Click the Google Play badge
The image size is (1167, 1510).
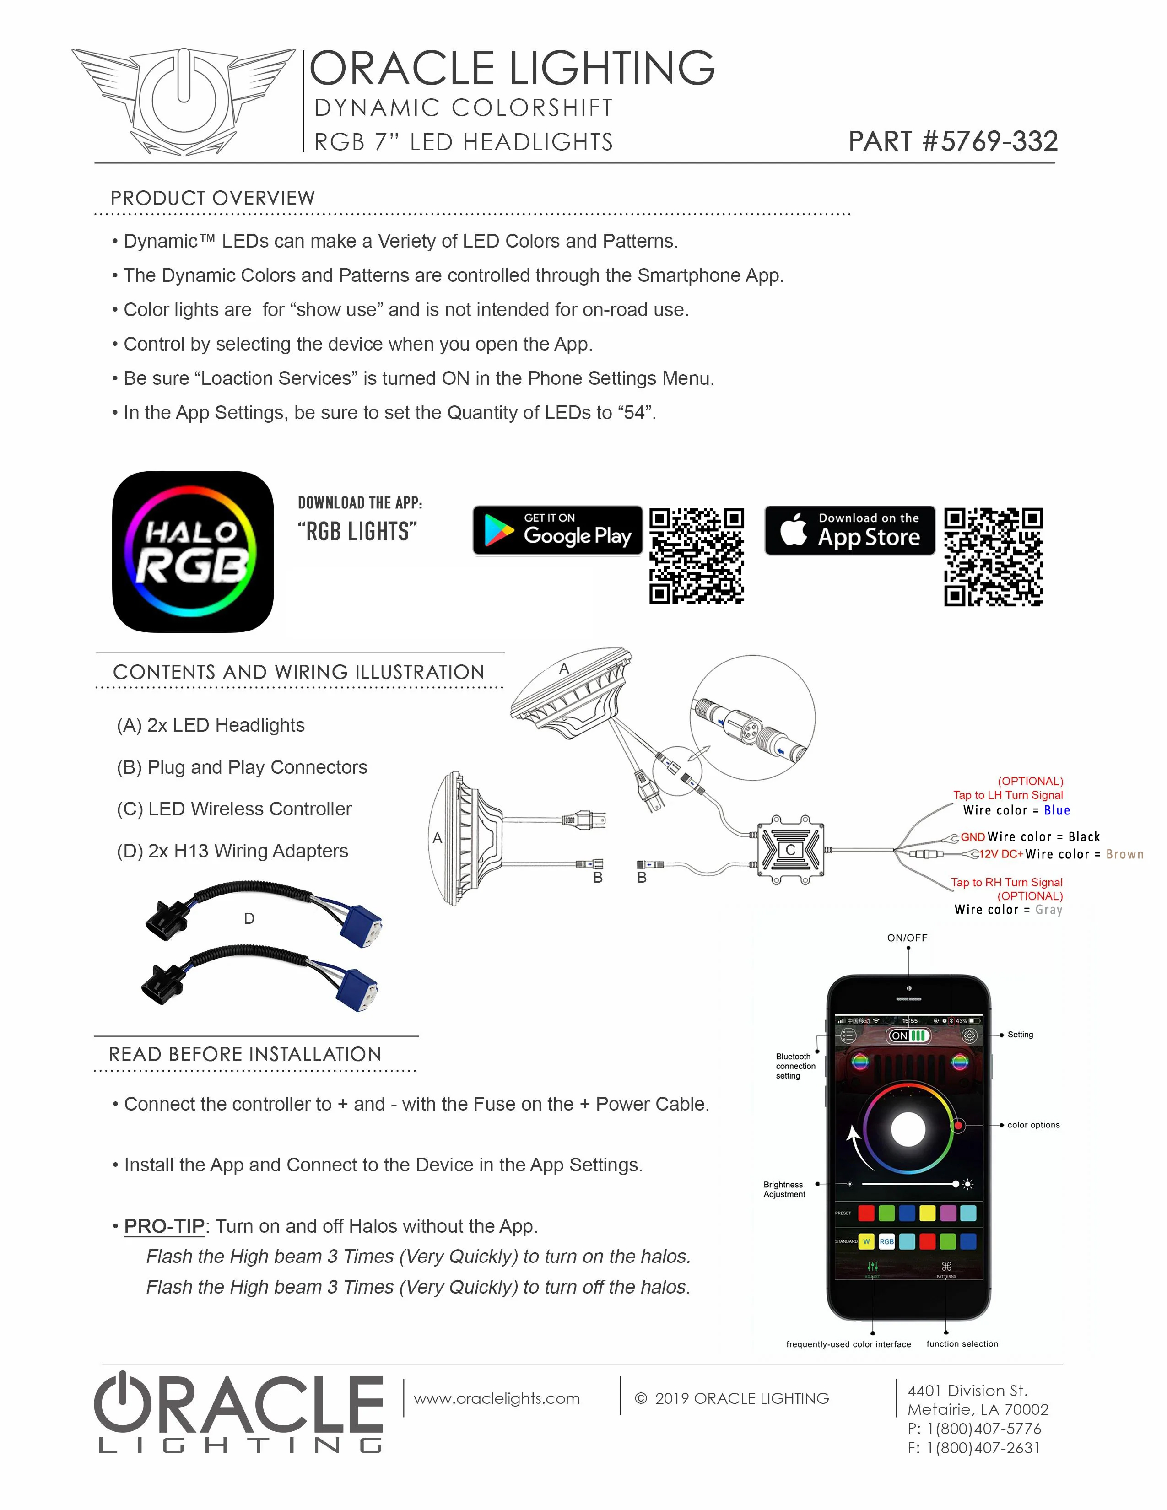pyautogui.click(x=557, y=530)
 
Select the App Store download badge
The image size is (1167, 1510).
pyautogui.click(x=850, y=530)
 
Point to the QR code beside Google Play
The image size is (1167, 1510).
pyautogui.click(x=696, y=556)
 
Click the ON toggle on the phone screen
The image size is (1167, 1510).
pyautogui.click(x=908, y=1035)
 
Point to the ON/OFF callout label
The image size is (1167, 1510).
pyautogui.click(x=907, y=938)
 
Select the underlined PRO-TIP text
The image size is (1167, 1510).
pyautogui.click(x=164, y=1226)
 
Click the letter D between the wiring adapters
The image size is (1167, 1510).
pyautogui.click(x=249, y=918)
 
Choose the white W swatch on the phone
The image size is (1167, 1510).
pyautogui.click(x=866, y=1241)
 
